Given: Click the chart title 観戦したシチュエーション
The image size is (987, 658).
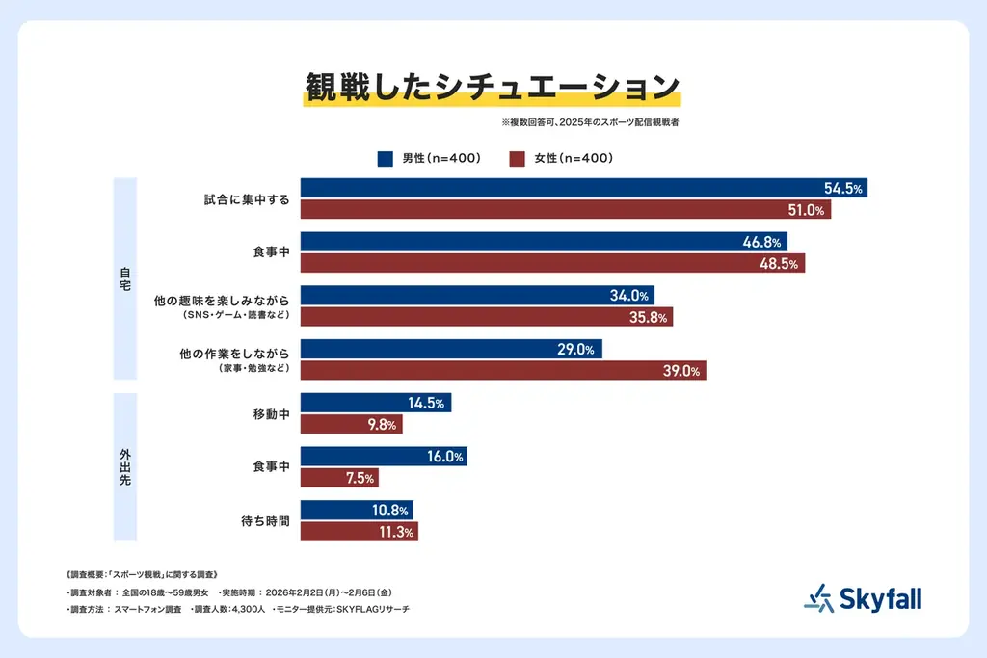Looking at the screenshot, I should (x=493, y=87).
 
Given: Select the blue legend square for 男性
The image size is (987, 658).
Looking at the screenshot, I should (x=385, y=158).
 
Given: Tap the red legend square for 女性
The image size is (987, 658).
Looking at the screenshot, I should (x=516, y=158).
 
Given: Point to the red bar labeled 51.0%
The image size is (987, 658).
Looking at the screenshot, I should (x=565, y=210).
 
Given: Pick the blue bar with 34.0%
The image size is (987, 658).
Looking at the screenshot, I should (x=478, y=296).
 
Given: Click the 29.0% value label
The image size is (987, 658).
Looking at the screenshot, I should (x=576, y=350).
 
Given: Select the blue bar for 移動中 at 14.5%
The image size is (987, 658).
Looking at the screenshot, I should (x=376, y=404).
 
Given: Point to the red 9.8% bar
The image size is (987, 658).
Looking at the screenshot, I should (x=351, y=425).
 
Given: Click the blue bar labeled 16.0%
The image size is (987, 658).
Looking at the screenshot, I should (x=384, y=457).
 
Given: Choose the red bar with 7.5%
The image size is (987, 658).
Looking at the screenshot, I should (x=339, y=478).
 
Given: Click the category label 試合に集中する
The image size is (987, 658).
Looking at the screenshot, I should (x=247, y=199).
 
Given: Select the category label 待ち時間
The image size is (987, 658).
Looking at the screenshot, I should (x=267, y=521).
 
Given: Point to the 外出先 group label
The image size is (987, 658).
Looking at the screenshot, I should (x=125, y=467).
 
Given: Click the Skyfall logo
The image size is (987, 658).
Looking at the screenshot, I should (x=863, y=599).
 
